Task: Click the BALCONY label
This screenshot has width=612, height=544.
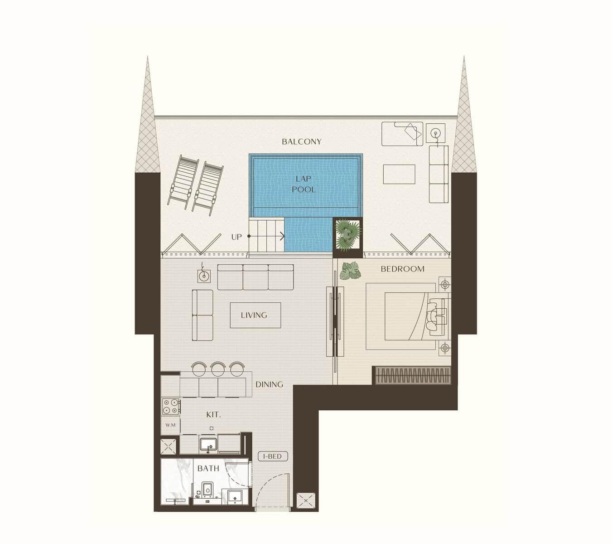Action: pyautogui.click(x=301, y=141)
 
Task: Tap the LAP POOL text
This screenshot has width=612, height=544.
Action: pyautogui.click(x=303, y=184)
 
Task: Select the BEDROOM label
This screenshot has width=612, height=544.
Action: pyautogui.click(x=402, y=269)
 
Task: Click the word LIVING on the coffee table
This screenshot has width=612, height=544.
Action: pyautogui.click(x=254, y=315)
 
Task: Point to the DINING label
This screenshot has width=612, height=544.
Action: pyautogui.click(x=269, y=384)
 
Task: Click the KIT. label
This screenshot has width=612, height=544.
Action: pyautogui.click(x=213, y=415)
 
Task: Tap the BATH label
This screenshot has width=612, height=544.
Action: pyautogui.click(x=208, y=468)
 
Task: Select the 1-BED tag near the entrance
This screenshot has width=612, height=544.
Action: pyautogui.click(x=273, y=457)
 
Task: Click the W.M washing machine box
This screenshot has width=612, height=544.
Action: pyautogui.click(x=170, y=425)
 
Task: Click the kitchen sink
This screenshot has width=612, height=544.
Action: pyautogui.click(x=208, y=444)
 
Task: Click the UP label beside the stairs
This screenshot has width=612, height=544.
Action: pyautogui.click(x=236, y=237)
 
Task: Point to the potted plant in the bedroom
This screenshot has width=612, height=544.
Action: pyautogui.click(x=351, y=271)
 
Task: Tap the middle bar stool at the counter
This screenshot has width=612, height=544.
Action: pyautogui.click(x=218, y=369)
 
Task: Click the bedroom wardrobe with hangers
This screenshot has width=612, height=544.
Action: pyautogui.click(x=413, y=375)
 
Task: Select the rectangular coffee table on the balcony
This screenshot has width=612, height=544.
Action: pyautogui.click(x=399, y=174)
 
